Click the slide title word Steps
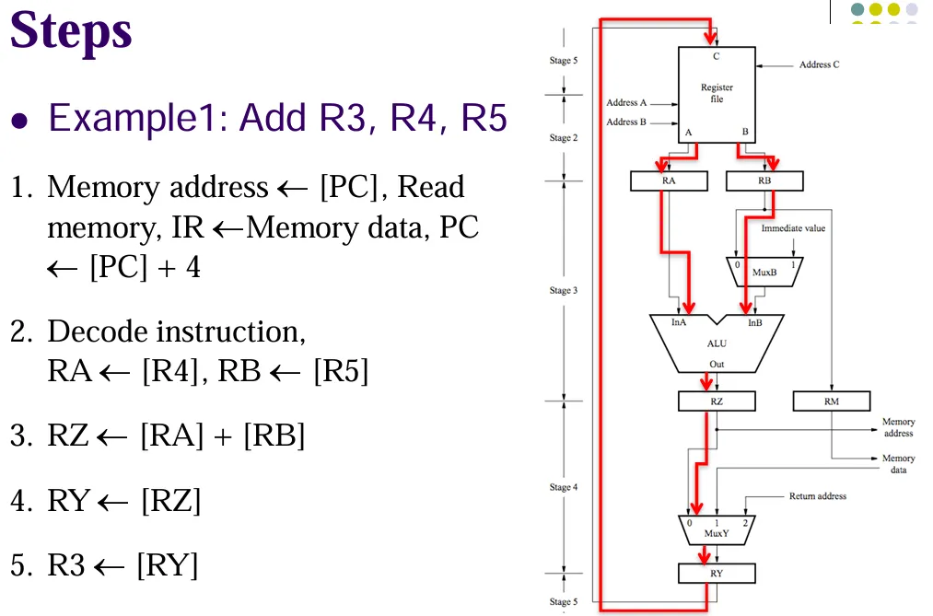pyautogui.click(x=71, y=31)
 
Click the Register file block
pyautogui.click(x=717, y=92)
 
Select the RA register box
pyautogui.click(x=669, y=181)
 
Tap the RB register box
pyautogui.click(x=764, y=181)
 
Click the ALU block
pyautogui.click(x=717, y=344)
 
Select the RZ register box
pyautogui.click(x=717, y=401)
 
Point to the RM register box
pyautogui.click(x=832, y=401)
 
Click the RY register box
pyautogui.click(x=717, y=573)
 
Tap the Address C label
pyautogui.click(x=819, y=64)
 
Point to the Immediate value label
pyautogui.click(x=793, y=227)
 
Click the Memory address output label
pyautogui.click(x=898, y=427)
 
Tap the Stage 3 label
pyautogui.click(x=564, y=290)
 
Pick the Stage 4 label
pyautogui.click(x=564, y=487)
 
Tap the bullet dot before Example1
pyautogui.click(x=21, y=121)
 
